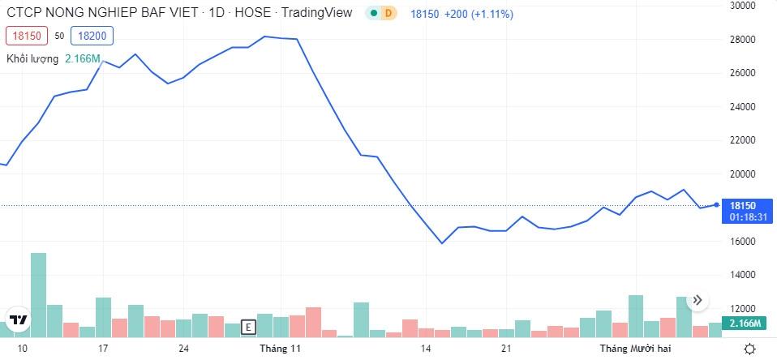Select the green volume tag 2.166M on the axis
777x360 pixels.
click(x=744, y=324)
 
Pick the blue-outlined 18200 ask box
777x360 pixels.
click(x=92, y=36)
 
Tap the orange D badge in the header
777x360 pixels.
click(x=388, y=14)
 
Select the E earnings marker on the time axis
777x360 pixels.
click(x=248, y=328)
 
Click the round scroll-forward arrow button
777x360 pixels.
click(x=698, y=301)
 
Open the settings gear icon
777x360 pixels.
click(x=750, y=349)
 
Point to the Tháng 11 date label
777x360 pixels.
click(x=280, y=349)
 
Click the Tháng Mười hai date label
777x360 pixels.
click(x=635, y=349)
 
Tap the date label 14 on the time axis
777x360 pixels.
click(x=425, y=349)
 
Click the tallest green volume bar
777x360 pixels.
click(x=38, y=294)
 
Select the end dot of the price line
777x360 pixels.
click(x=716, y=204)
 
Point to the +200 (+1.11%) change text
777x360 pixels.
click(x=479, y=15)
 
